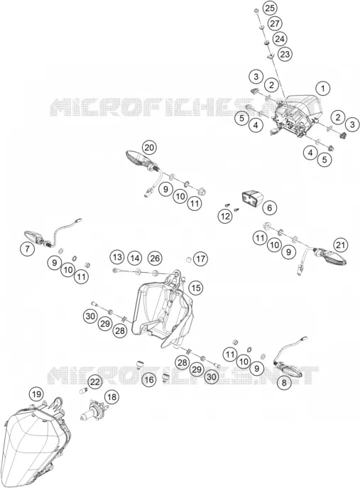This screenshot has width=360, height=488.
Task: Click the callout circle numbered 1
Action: point(323,89)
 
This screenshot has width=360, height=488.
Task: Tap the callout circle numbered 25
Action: point(269,8)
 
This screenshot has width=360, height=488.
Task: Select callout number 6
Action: point(269,207)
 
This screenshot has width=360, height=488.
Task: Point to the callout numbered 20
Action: point(149,148)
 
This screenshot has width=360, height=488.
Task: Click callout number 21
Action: point(340,245)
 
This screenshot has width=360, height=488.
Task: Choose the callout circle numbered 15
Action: point(196,288)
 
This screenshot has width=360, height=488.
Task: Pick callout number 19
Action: point(36,395)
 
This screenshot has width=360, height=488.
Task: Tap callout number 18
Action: point(111,397)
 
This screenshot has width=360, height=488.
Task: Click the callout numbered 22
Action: point(95,381)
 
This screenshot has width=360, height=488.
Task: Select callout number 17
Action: point(201,259)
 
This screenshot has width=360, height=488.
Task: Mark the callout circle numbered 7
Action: point(28,249)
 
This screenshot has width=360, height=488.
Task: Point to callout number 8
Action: point(284,382)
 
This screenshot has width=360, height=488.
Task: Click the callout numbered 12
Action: point(225,216)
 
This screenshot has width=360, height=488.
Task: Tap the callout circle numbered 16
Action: point(149,380)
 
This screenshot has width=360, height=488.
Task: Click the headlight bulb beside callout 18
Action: point(93,411)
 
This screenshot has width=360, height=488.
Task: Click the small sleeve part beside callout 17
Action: point(188,259)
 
